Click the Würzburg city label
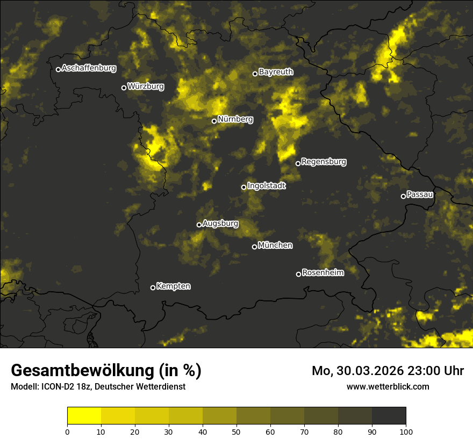[146, 86]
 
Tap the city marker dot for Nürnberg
[214, 121]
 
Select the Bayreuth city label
[276, 72]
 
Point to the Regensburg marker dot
[298, 163]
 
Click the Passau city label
[420, 195]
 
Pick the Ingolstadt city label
[267, 186]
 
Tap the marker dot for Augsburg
[199, 225]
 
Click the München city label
[275, 246]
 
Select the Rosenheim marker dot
[298, 274]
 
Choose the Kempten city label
[173, 286]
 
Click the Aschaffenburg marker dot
[58, 69]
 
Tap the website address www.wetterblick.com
[388, 386]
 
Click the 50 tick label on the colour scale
[236, 431]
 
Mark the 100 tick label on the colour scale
[406, 431]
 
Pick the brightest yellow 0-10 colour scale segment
[84, 416]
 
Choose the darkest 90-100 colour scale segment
[389, 416]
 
